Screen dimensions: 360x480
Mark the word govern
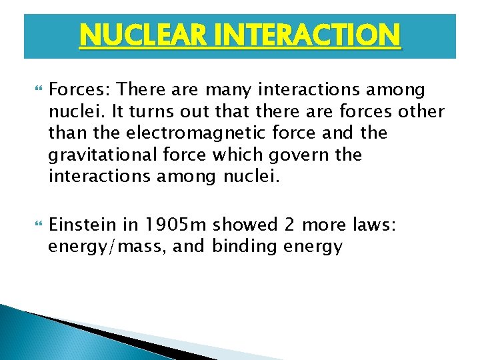point(297,155)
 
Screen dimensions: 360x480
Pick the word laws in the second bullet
point(377,225)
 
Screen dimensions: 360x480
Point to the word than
point(64,133)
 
